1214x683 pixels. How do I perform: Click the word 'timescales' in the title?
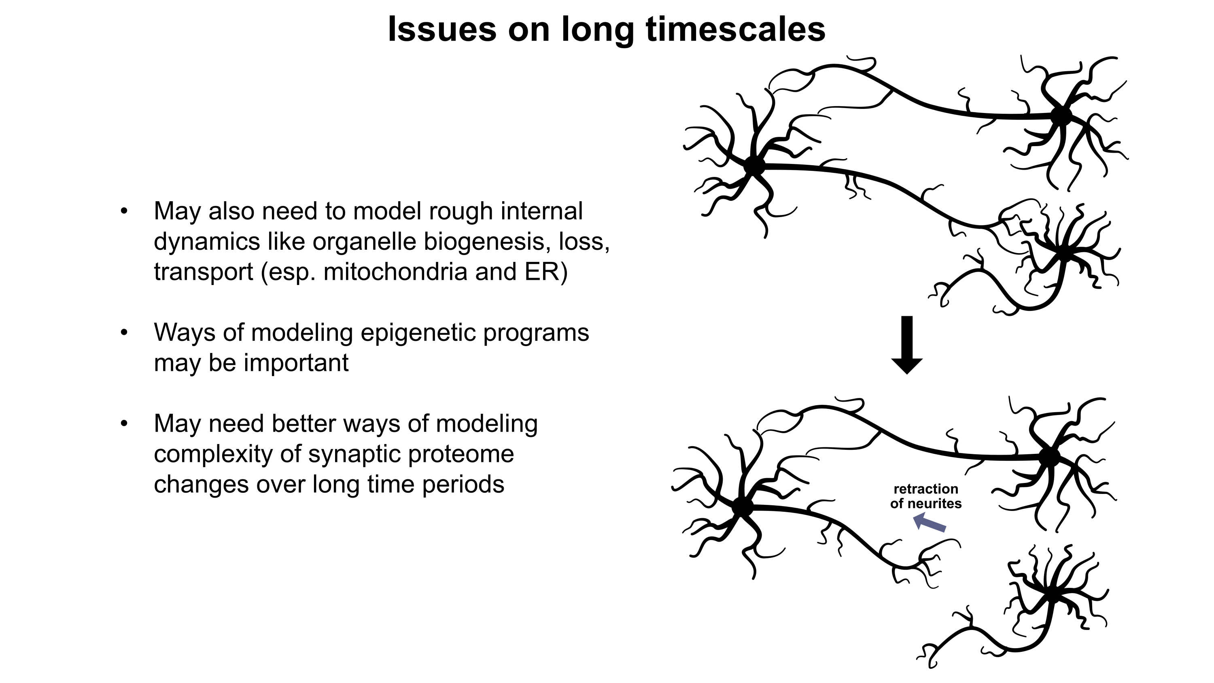click(x=735, y=29)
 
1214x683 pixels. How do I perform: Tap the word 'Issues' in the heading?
click(x=441, y=29)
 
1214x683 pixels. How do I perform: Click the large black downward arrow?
click(x=906, y=345)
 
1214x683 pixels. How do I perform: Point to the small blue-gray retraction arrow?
click(x=930, y=523)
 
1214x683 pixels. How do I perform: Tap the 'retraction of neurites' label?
click(x=925, y=496)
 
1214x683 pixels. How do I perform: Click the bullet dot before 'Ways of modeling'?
click(x=124, y=333)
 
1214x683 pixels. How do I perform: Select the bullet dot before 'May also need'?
click(x=124, y=211)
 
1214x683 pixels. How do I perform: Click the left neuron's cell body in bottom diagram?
click(x=743, y=507)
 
